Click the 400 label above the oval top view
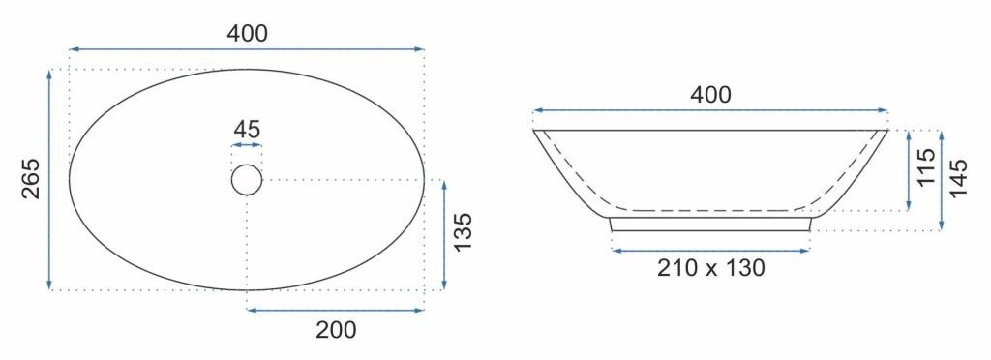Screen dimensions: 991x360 pos(247,33)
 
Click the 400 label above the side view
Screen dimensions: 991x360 pos(710,95)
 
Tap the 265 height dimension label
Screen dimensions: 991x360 pos(31,179)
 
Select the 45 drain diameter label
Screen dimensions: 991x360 pos(247,130)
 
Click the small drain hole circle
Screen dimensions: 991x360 pos(247,180)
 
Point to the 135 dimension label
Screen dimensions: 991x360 pos(464,232)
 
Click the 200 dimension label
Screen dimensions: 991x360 pos(336,330)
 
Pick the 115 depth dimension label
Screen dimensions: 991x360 pos(926,167)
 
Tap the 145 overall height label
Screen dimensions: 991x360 pos(958,178)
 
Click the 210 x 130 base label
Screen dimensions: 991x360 pos(711,268)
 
